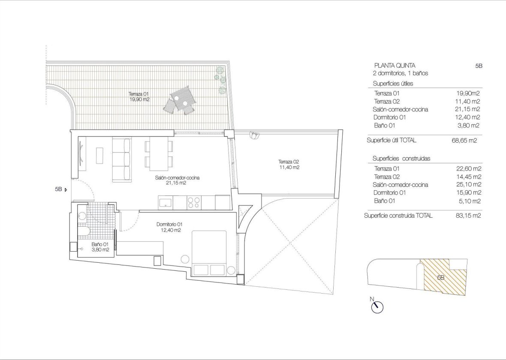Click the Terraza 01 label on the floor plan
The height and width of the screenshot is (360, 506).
(x=139, y=96)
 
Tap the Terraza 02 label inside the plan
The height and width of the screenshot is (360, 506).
(x=288, y=165)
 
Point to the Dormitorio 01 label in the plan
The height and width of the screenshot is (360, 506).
(x=169, y=227)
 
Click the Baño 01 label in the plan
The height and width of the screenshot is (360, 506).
(x=100, y=247)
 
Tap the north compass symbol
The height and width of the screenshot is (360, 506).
(x=377, y=306)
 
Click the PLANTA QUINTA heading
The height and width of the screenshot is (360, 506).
(x=395, y=66)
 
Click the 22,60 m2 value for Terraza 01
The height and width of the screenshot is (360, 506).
(x=469, y=169)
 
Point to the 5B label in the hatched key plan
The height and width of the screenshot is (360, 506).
(x=440, y=277)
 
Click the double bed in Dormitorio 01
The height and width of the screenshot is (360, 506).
(x=209, y=253)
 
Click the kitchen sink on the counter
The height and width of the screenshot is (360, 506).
(x=166, y=203)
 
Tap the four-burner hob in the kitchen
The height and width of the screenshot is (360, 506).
(x=194, y=202)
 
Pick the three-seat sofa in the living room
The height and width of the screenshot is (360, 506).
(x=122, y=159)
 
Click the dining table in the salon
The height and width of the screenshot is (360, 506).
(x=159, y=155)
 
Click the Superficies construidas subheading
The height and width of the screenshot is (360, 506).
(x=401, y=159)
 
